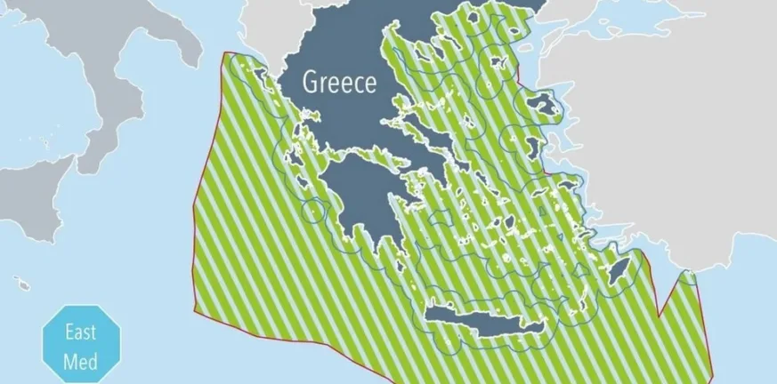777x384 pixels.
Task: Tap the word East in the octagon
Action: click(73, 336)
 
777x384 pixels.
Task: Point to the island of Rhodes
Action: click(617, 266)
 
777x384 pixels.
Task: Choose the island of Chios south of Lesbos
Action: click(535, 145)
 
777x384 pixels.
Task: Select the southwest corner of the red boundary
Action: click(197, 309)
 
